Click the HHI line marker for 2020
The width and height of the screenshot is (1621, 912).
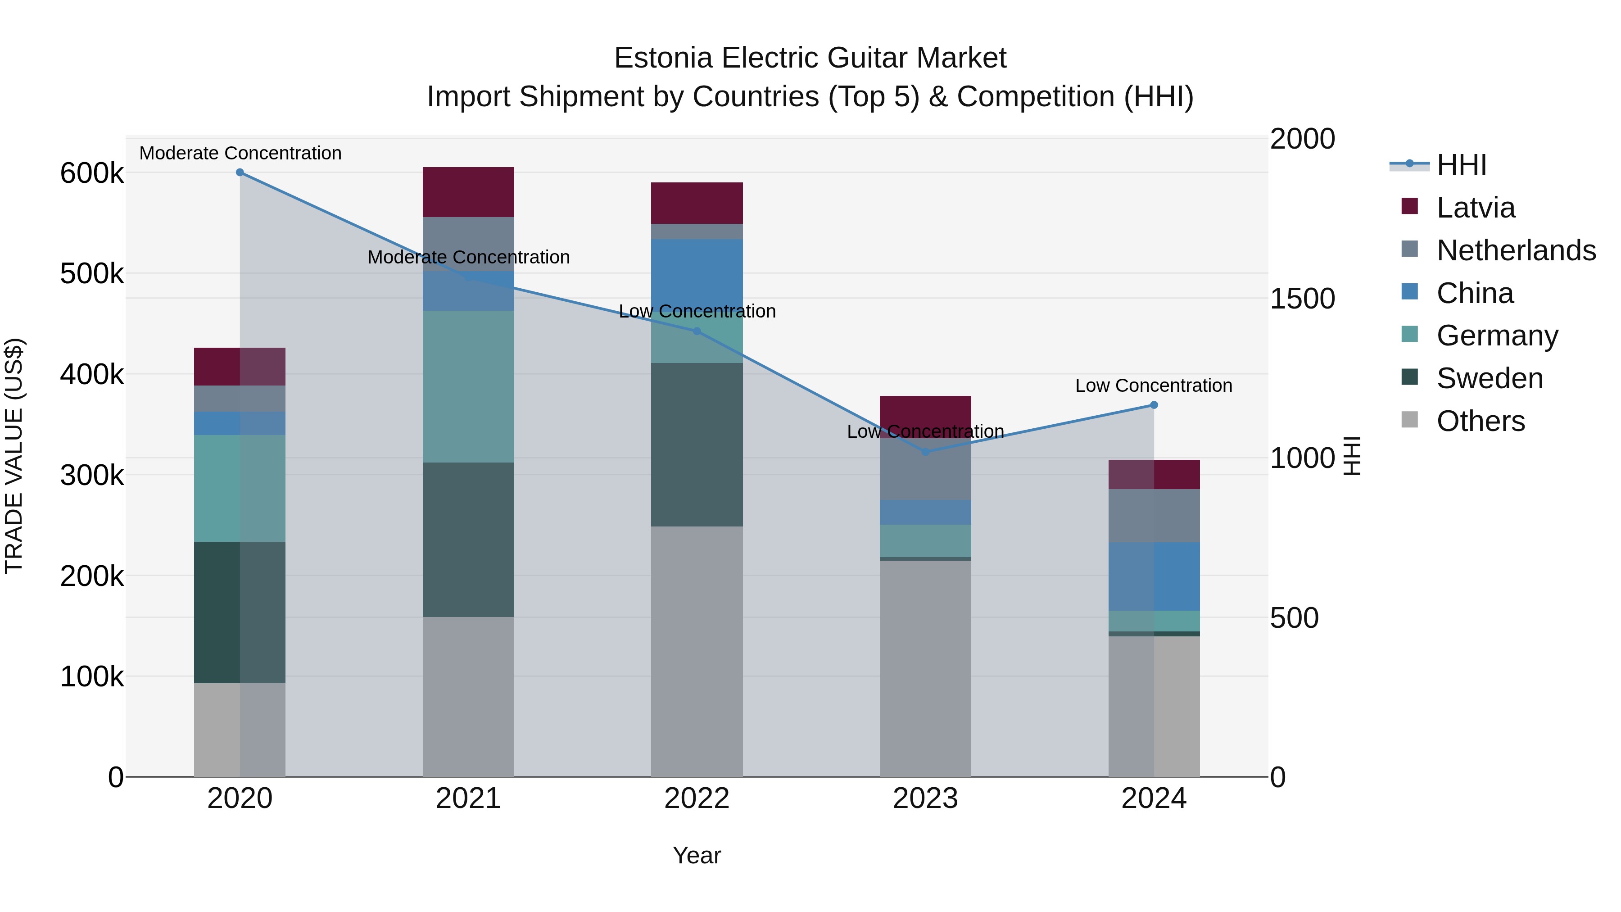240,172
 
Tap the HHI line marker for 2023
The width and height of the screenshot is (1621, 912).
925,452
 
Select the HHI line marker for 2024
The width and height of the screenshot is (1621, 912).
1154,405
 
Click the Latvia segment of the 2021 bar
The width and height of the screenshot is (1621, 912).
468,192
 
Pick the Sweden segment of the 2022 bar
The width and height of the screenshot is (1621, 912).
697,445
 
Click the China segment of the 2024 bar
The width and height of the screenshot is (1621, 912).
1154,576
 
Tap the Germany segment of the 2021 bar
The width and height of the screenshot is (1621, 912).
468,386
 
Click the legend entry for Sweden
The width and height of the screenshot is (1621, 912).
1489,378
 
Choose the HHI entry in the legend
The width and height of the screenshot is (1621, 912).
1460,165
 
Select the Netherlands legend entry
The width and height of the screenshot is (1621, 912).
1515,250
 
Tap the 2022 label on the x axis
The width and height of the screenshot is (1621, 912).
697,799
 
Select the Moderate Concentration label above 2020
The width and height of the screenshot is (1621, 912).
240,153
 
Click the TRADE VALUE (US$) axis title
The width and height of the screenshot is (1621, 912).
14,456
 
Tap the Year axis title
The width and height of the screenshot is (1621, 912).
697,855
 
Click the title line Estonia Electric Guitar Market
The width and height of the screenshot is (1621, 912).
810,58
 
